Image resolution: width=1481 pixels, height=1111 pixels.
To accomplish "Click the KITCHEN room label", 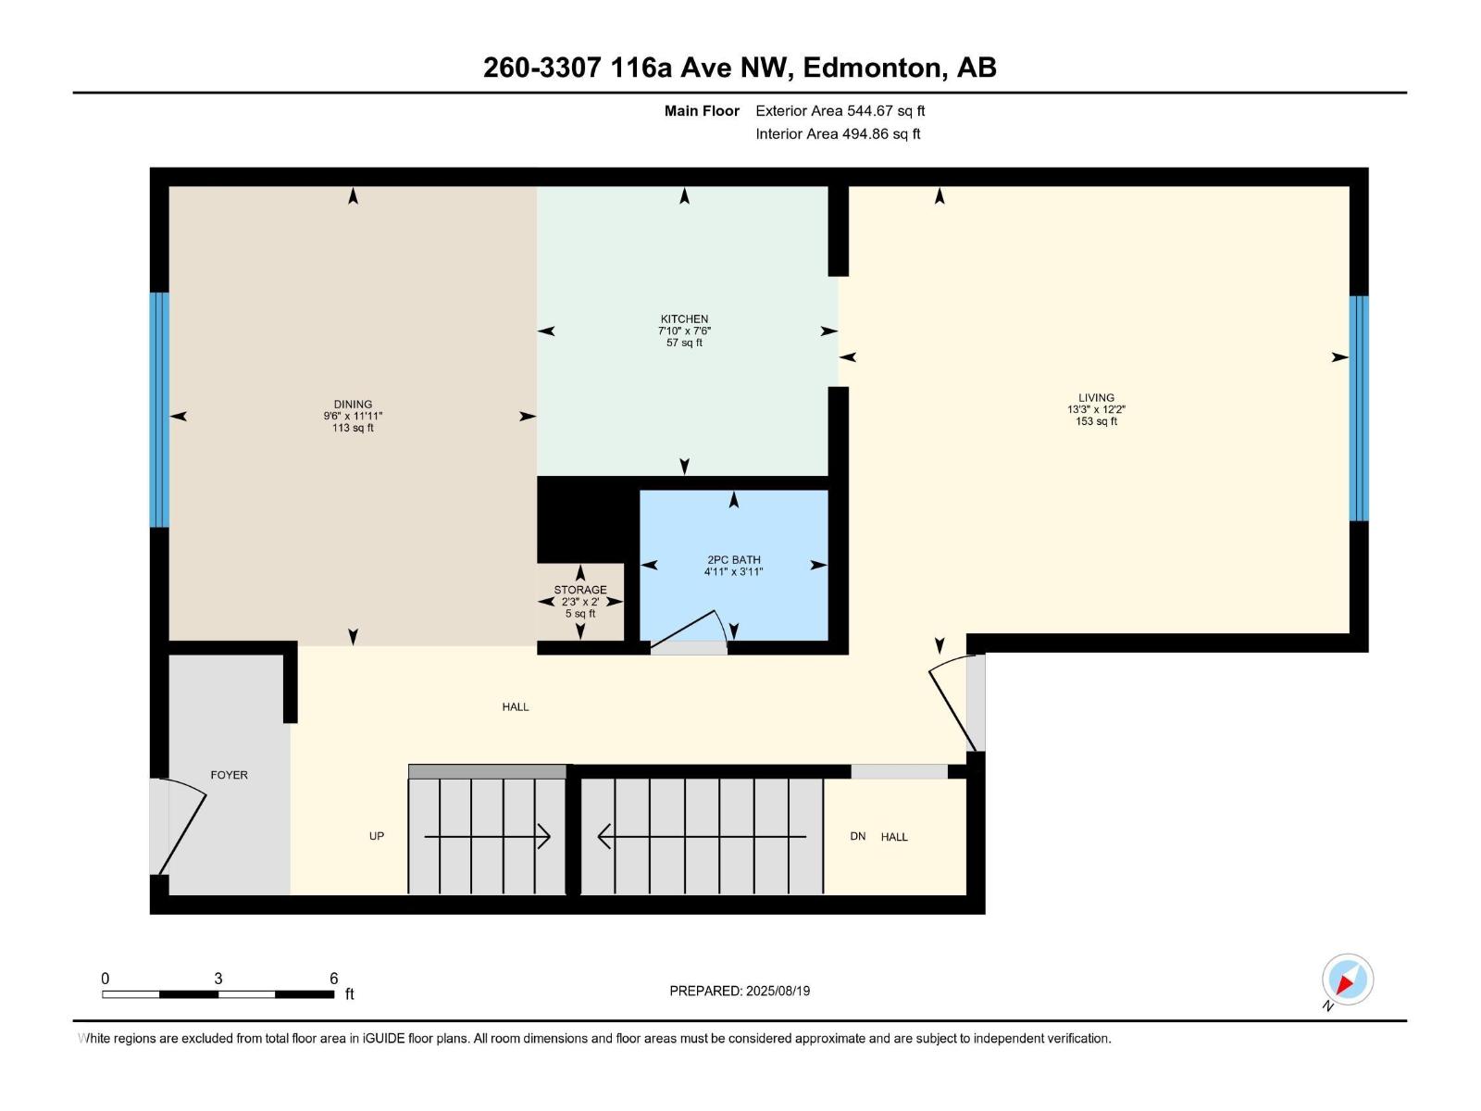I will pos(684,319).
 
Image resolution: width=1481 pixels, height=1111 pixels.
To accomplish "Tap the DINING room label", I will pos(353,405).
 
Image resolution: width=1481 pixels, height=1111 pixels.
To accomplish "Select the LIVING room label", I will pos(1096,398).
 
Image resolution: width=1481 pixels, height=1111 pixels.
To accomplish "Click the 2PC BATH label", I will pos(733,560).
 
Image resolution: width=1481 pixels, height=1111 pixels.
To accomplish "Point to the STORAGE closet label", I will pos(580,590).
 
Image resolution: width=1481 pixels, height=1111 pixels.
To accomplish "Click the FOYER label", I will pos(229,775).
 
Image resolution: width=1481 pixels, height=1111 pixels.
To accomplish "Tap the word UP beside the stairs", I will pos(377,836).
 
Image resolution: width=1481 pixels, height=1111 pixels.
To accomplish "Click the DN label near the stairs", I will pos(858,836).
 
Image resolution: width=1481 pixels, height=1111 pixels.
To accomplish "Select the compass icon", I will pos(1347,980).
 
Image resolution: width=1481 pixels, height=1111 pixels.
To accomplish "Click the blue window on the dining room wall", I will pos(160,409).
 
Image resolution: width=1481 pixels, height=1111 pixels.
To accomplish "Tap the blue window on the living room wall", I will pos(1358,408).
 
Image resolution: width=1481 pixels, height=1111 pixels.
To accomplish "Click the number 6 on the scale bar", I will pos(334,979).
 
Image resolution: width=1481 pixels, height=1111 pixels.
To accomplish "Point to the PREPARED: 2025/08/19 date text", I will pos(740,991).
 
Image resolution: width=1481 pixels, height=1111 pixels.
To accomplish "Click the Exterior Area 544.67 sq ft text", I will pos(840,111).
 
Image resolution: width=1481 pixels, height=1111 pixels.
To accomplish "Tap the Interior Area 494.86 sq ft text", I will pos(838,134).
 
